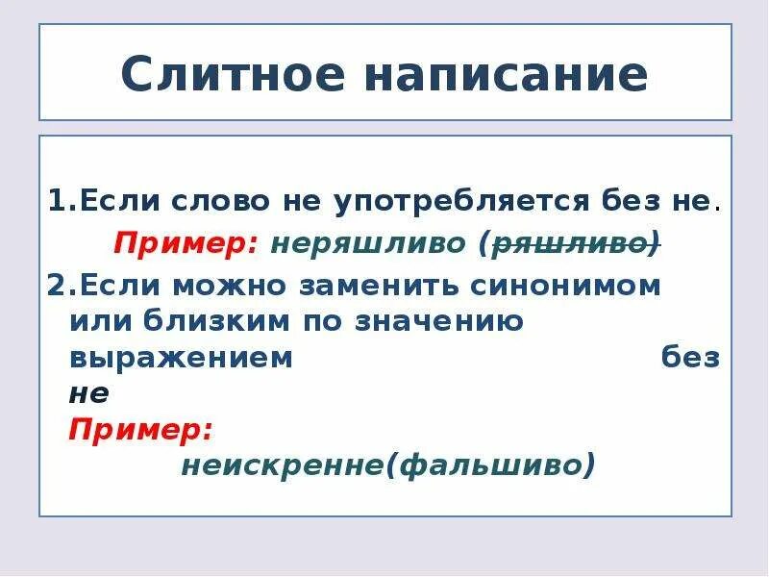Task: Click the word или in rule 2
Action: [96, 322]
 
